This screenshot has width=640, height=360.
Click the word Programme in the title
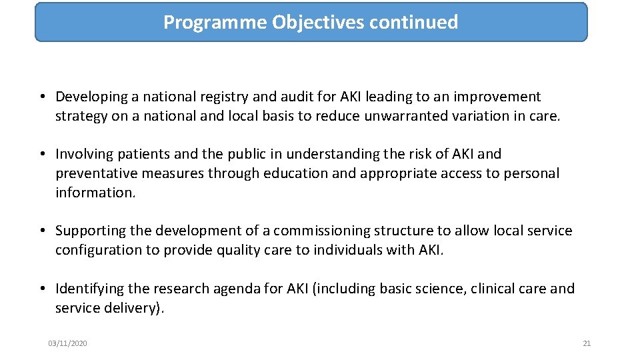tap(215, 23)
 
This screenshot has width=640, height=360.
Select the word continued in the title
tap(413, 23)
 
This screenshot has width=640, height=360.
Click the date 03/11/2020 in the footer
tap(67, 343)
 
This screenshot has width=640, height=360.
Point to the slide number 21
tap(587, 343)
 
